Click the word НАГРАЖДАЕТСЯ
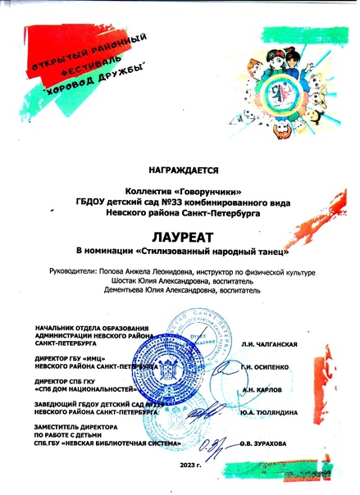(x=180, y=171)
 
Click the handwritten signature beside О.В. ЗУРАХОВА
(x=215, y=443)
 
